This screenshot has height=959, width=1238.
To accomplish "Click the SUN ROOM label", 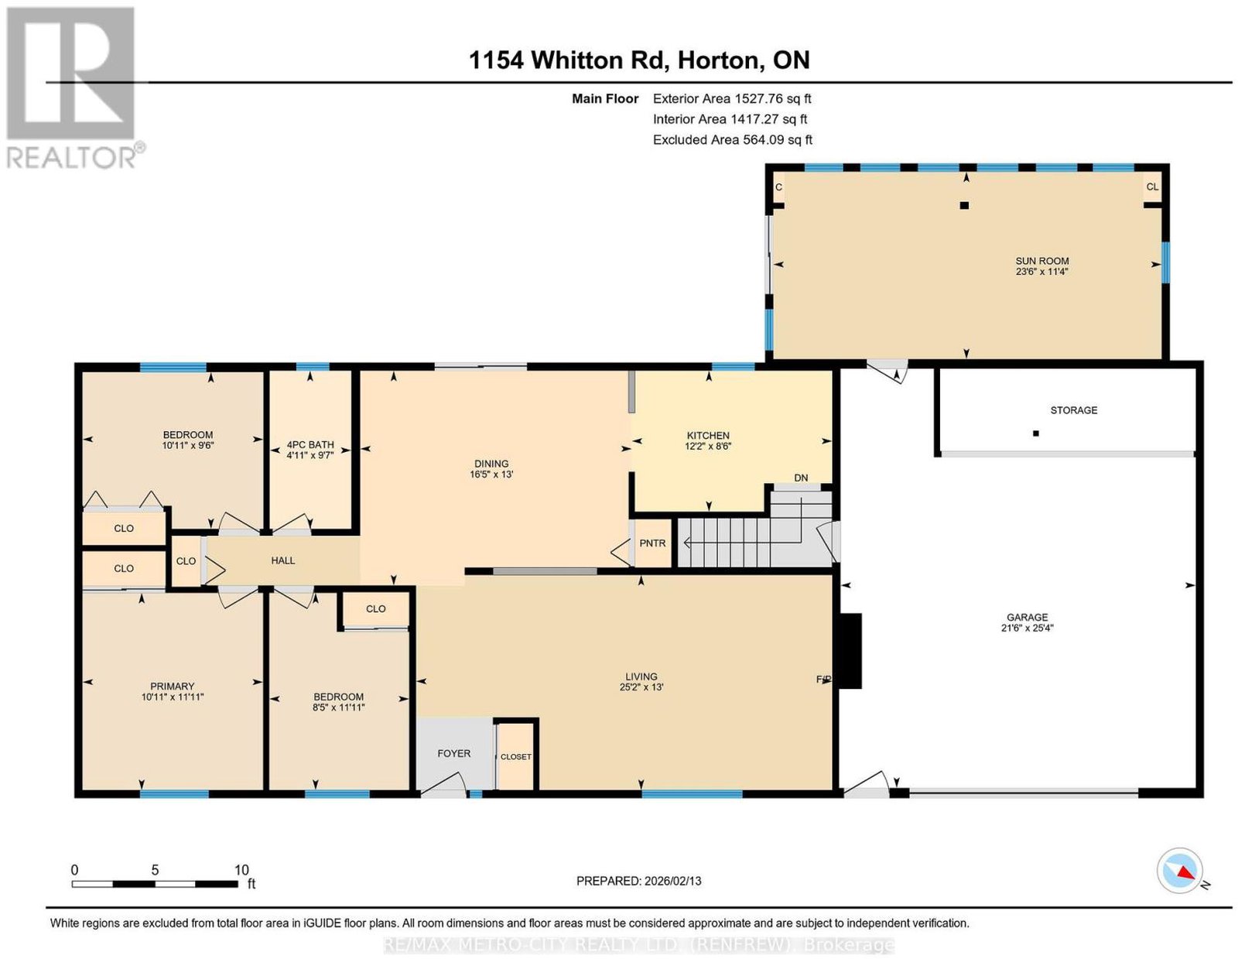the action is click(1042, 261).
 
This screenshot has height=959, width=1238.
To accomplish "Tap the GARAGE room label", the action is click(1028, 617).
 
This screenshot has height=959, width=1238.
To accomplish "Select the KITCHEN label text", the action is click(708, 435).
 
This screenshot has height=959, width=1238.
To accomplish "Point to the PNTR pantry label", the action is click(652, 543).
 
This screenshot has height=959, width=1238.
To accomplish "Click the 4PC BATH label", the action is click(310, 444).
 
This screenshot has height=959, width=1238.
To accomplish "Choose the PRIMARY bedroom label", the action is click(173, 686).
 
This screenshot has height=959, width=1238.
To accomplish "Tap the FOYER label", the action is click(454, 753).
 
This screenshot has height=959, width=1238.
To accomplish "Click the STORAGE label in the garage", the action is click(1074, 410).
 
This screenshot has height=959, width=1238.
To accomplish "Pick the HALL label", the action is click(283, 560).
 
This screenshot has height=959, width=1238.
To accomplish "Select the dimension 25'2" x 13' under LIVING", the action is click(641, 687).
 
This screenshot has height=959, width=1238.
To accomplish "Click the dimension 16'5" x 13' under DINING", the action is click(491, 474).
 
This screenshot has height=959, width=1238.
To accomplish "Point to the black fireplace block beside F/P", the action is click(848, 651).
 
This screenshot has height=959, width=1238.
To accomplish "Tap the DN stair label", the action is click(801, 478).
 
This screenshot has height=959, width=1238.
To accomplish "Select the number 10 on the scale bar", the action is click(241, 869).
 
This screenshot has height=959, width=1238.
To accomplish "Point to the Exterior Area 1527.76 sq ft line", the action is click(732, 98).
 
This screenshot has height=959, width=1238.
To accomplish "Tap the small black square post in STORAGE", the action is click(1036, 433).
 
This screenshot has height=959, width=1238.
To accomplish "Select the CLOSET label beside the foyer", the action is click(516, 757).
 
